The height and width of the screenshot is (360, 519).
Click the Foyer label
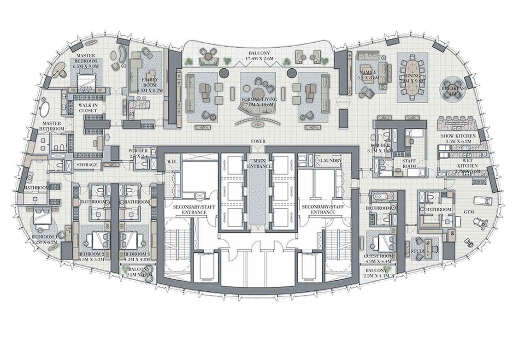(257, 142)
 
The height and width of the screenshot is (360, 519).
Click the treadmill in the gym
(482, 201)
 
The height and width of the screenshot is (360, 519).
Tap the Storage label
(87, 165)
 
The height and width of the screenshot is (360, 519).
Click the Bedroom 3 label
(137, 254)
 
